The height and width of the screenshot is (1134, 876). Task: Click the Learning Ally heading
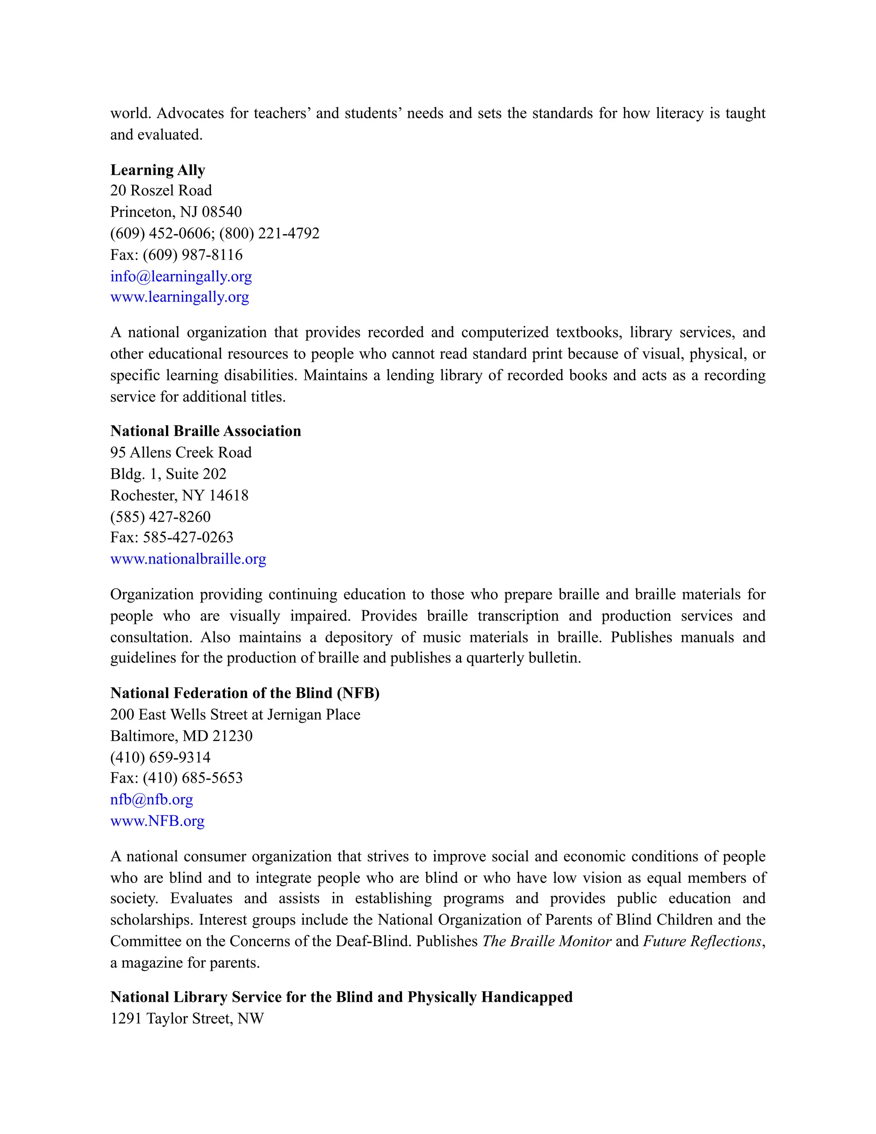(x=158, y=170)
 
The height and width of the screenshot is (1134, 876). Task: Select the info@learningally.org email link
(x=181, y=276)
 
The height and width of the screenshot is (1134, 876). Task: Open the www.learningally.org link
(x=180, y=297)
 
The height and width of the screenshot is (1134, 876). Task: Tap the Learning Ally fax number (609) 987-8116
(x=192, y=255)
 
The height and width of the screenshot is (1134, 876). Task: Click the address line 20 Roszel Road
(x=161, y=190)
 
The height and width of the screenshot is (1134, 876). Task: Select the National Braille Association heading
(x=205, y=431)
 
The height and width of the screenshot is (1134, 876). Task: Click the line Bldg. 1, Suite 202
(x=168, y=474)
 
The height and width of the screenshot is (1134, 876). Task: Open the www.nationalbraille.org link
(x=188, y=559)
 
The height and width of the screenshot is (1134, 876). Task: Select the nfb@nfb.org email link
(x=151, y=800)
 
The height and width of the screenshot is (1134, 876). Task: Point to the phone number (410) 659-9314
(x=160, y=757)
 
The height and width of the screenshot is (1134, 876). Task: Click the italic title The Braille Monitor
(x=547, y=941)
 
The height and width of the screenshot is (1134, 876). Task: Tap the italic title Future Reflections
(x=701, y=941)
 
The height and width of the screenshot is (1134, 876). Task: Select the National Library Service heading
(x=341, y=997)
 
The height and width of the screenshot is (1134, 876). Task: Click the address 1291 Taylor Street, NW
(x=187, y=1019)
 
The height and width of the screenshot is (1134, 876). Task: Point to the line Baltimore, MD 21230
(x=181, y=736)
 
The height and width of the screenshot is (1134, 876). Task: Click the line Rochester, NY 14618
(x=179, y=496)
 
